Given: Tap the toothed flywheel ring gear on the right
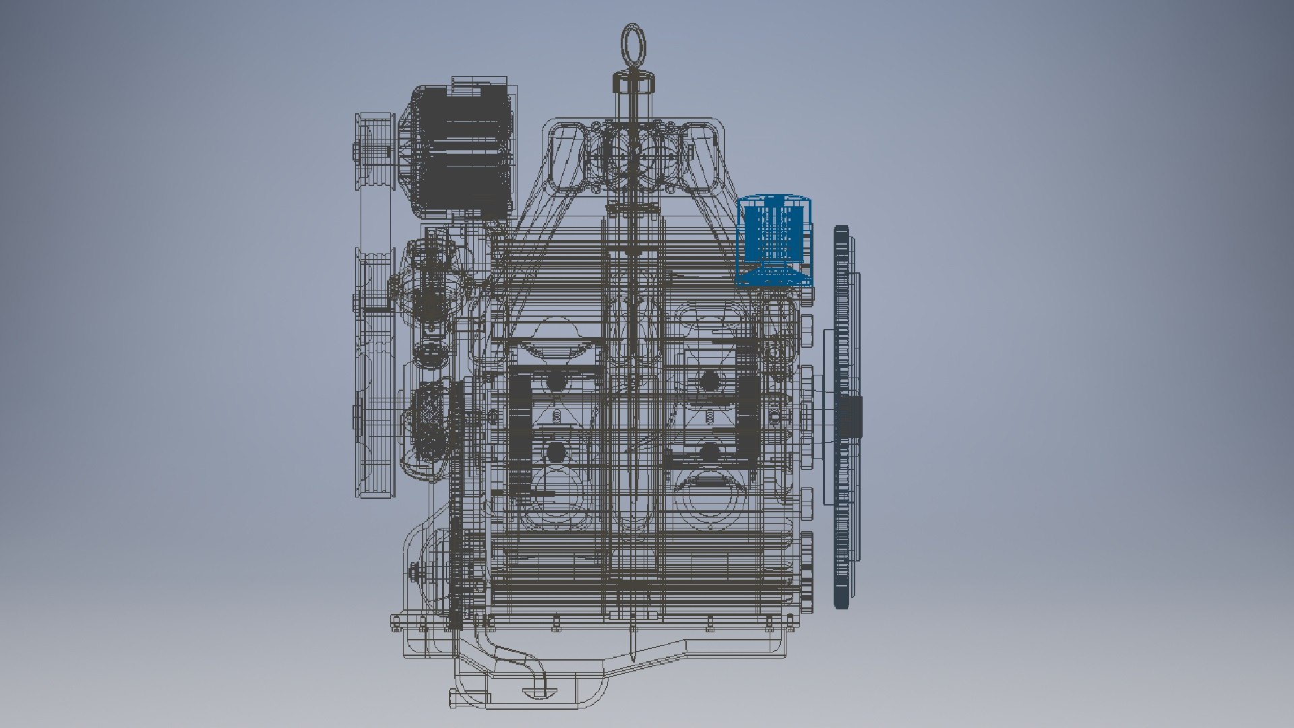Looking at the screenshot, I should tap(842, 418).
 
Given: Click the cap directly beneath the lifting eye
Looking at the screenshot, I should tap(634, 84).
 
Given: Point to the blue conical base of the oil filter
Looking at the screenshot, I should tap(775, 274).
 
